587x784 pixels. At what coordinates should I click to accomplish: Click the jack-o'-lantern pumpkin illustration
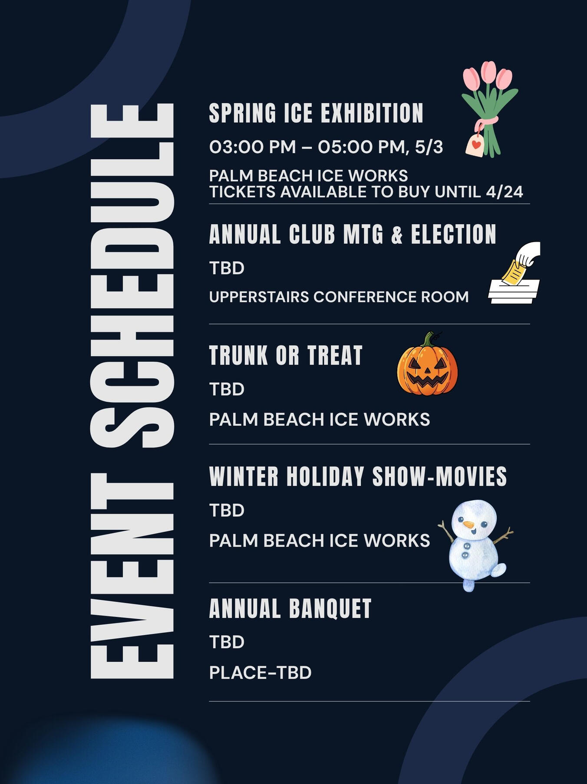[427, 364]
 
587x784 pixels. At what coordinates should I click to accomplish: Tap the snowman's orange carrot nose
[468, 525]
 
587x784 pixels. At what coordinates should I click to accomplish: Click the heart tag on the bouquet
[475, 144]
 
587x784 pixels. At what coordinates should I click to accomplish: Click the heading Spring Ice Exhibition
[316, 113]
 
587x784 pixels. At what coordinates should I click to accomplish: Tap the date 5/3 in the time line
[429, 147]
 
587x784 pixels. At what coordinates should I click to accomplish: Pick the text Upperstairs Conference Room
[339, 297]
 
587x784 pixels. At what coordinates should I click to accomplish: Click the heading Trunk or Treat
[286, 355]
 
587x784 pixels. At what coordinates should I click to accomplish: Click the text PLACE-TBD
[261, 672]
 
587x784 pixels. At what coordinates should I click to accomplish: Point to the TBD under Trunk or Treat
[227, 389]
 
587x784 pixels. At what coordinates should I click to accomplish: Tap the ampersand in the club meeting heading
[397, 235]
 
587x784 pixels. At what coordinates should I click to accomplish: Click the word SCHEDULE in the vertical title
[132, 276]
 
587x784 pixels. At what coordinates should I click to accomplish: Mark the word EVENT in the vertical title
[132, 576]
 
